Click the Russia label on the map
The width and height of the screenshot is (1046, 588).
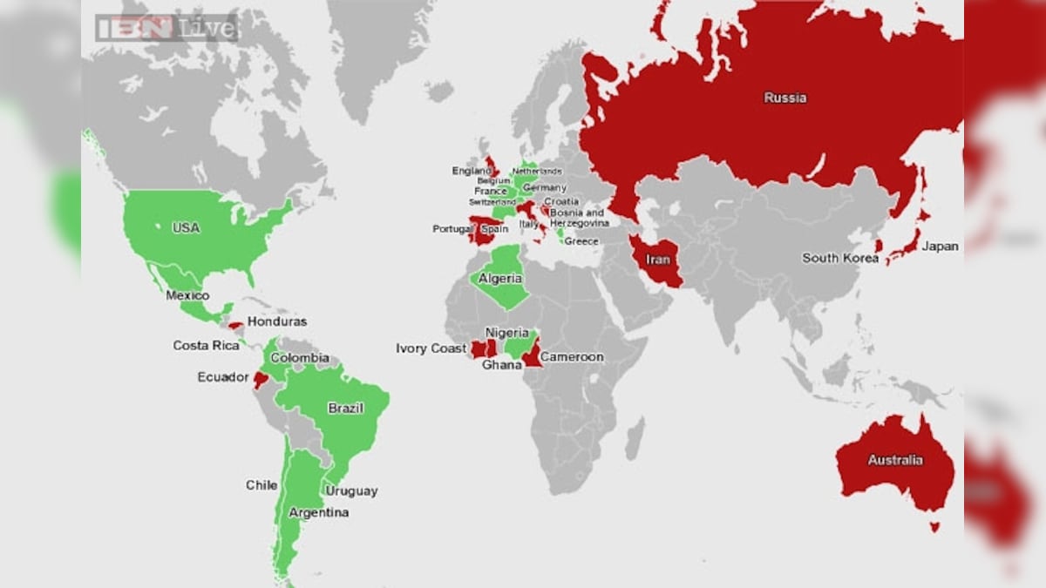click(x=784, y=98)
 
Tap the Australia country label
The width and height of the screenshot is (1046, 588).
click(x=894, y=460)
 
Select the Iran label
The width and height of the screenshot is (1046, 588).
click(x=658, y=260)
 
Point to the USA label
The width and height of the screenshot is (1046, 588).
click(x=186, y=227)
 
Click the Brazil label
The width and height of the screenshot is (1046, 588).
click(x=345, y=408)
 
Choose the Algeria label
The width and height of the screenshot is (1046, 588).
click(x=500, y=279)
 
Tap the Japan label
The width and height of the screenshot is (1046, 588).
click(x=940, y=247)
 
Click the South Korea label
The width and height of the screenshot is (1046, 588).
click(x=840, y=258)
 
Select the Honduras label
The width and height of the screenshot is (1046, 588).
click(x=277, y=321)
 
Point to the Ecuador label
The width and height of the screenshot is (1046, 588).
click(x=223, y=377)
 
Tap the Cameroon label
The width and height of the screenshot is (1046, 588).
click(x=572, y=357)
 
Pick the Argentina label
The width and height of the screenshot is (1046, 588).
click(x=318, y=512)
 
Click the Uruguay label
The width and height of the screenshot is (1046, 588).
click(x=351, y=490)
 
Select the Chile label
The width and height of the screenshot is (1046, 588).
click(x=261, y=485)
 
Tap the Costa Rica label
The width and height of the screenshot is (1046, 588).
click(x=206, y=346)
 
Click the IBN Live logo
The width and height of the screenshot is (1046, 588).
click(x=166, y=28)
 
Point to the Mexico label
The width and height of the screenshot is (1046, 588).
click(x=187, y=295)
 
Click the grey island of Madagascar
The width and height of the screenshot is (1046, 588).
click(x=635, y=438)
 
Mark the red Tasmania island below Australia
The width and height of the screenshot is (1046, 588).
click(x=935, y=526)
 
